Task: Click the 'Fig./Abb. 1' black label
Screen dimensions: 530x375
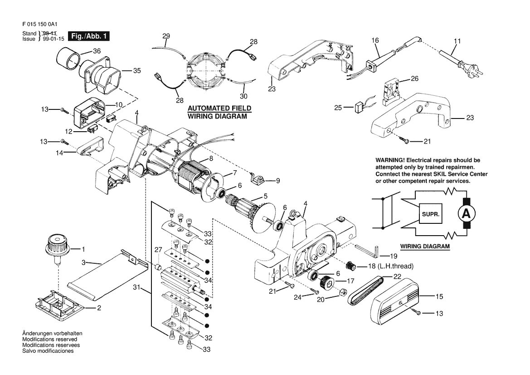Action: pyautogui.click(x=89, y=36)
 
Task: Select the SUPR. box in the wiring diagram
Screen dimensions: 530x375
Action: pyautogui.click(x=431, y=214)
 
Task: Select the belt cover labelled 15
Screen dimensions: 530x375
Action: pyautogui.click(x=395, y=305)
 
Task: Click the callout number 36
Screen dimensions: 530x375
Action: pyautogui.click(x=97, y=51)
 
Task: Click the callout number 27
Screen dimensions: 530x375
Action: pyautogui.click(x=158, y=250)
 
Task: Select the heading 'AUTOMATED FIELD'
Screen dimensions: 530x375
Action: pyautogui.click(x=219, y=109)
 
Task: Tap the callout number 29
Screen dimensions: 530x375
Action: pyautogui.click(x=166, y=36)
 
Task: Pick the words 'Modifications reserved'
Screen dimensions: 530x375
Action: pyautogui.click(x=50, y=339)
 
